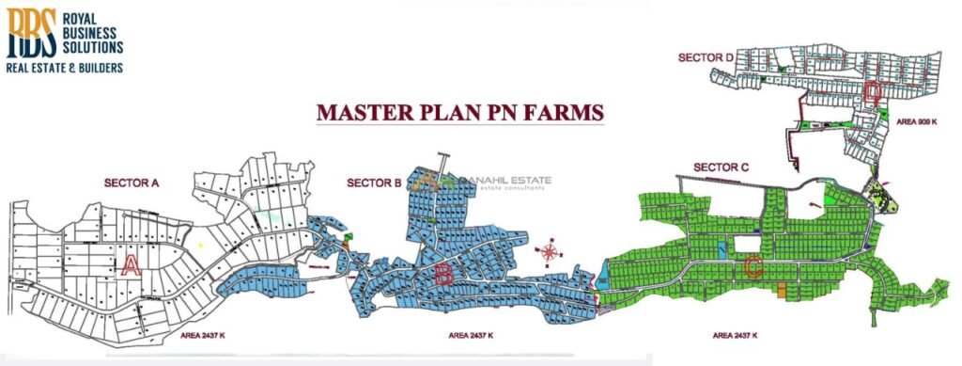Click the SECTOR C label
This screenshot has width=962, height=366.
pos(721,167)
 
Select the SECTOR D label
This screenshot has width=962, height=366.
pos(705,57)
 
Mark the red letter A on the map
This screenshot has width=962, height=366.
pos(132,264)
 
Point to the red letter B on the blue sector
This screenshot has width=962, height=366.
pos(442,275)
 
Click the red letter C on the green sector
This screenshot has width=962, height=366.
pos(752,267)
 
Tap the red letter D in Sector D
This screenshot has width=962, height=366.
pos(873,91)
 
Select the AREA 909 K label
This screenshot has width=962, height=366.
pos(918,122)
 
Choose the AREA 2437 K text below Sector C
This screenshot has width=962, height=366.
pos(736,335)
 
